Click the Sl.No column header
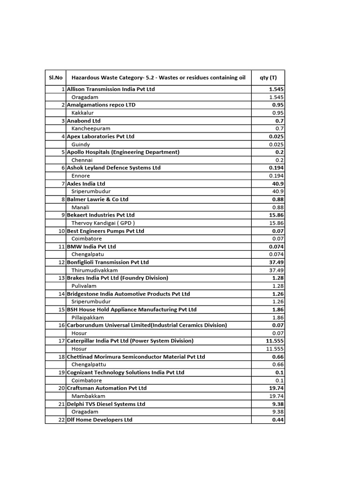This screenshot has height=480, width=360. coord(55,78)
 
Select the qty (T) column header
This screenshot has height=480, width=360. coord(268,78)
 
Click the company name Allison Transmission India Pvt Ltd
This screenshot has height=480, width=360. coord(111,89)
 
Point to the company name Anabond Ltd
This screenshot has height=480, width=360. coord(84,120)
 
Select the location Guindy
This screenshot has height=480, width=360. coord(81,144)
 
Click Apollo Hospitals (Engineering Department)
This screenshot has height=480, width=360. coord(123,152)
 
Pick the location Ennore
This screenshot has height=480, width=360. coord(81,176)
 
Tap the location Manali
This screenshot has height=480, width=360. coord(80,207)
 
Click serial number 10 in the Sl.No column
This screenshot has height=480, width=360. coord(61,231)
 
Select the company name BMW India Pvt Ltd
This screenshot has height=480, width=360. coord(91,247)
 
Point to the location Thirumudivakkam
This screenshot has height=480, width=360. coord(94,270)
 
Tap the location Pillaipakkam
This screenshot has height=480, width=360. coord(88,317)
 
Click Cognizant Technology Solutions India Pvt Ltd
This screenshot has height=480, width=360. coord(126,372)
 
